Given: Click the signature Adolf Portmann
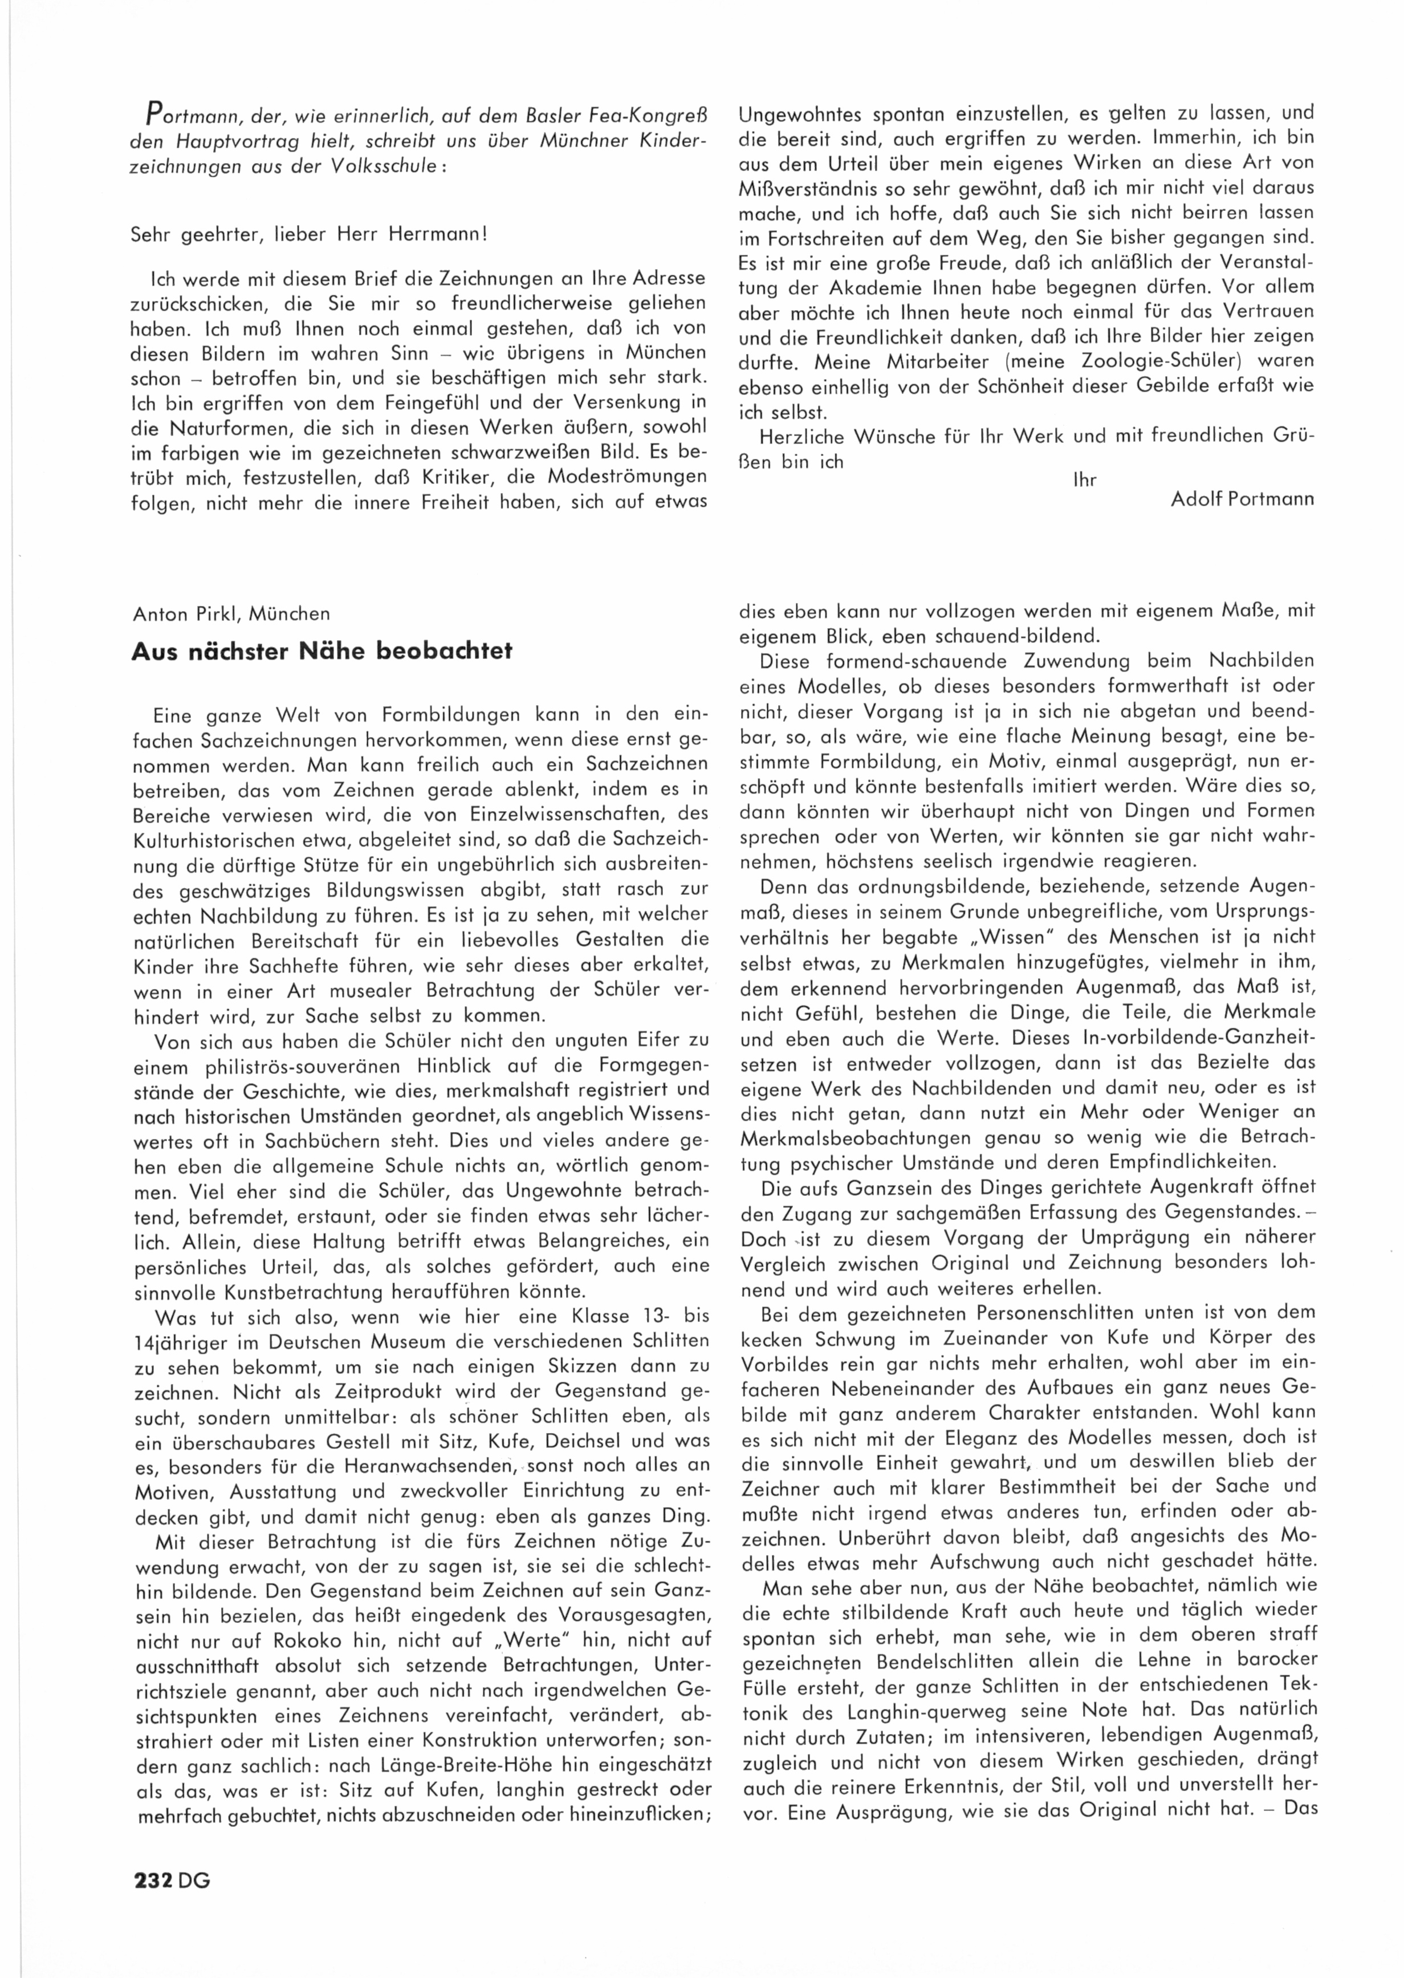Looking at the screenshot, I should tap(1242, 500).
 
